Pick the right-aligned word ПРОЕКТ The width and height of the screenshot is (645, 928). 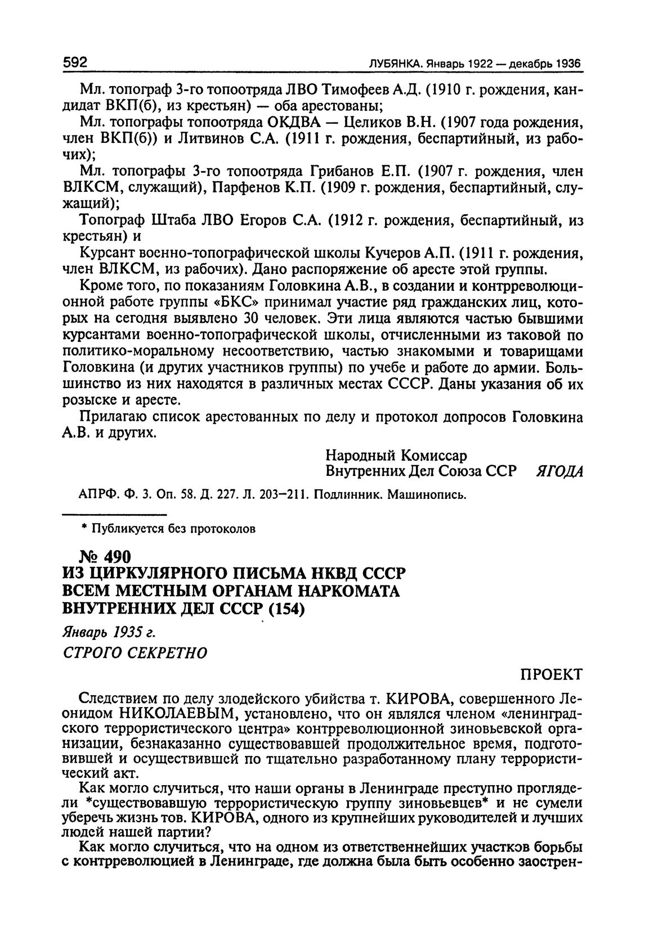click(551, 674)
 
